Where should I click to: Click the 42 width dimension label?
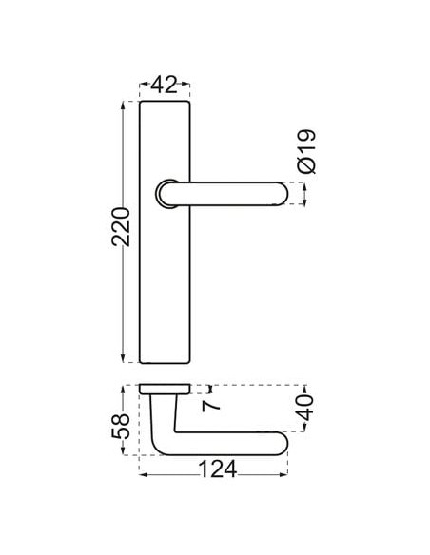(x=164, y=86)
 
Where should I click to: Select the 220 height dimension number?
(x=121, y=227)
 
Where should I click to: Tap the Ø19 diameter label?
(x=306, y=151)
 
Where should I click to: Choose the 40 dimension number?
(x=305, y=408)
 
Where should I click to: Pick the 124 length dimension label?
(x=218, y=469)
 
